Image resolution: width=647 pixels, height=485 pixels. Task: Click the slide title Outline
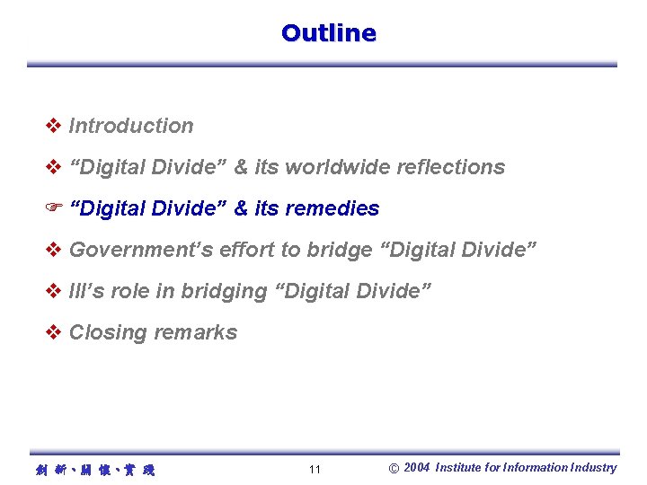[x=328, y=33]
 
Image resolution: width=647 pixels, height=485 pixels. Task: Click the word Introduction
[x=131, y=126]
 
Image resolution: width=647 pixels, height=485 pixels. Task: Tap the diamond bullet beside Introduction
[x=53, y=126]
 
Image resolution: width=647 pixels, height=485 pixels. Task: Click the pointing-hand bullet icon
[x=53, y=208]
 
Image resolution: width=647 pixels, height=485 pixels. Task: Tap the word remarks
[x=195, y=332]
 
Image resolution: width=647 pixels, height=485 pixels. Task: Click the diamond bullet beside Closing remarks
[x=53, y=332]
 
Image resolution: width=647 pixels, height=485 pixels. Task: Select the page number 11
[x=315, y=470]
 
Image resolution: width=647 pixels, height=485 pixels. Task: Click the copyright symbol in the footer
[x=394, y=468]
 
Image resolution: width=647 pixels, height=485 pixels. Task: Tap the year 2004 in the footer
[x=417, y=467]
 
